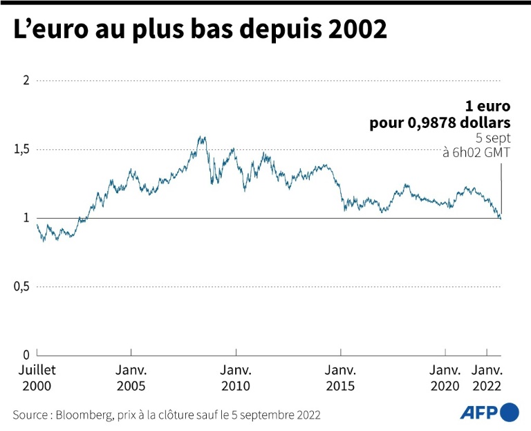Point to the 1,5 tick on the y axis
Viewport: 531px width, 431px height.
click(22, 149)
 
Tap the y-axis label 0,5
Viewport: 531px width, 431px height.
click(22, 286)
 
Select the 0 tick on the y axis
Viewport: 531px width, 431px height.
click(26, 354)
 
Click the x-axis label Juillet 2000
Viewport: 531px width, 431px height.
click(37, 378)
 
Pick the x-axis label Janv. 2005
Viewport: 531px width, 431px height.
click(131, 378)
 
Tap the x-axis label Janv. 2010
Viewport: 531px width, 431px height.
click(236, 378)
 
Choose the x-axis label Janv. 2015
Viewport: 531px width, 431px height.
click(340, 378)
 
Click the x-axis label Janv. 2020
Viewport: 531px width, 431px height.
click(445, 378)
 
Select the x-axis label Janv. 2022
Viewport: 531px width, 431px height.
click(487, 378)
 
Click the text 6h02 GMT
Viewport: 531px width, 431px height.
click(483, 152)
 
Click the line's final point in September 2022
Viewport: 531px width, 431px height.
click(501, 219)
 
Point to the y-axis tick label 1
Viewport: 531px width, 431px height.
click(26, 218)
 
